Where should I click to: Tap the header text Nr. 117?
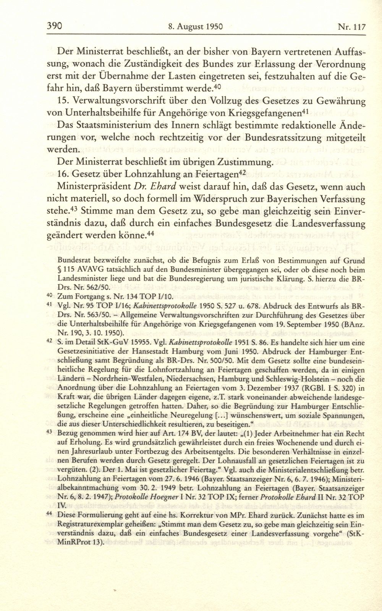click(352, 27)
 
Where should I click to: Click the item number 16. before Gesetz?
click(64, 175)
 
